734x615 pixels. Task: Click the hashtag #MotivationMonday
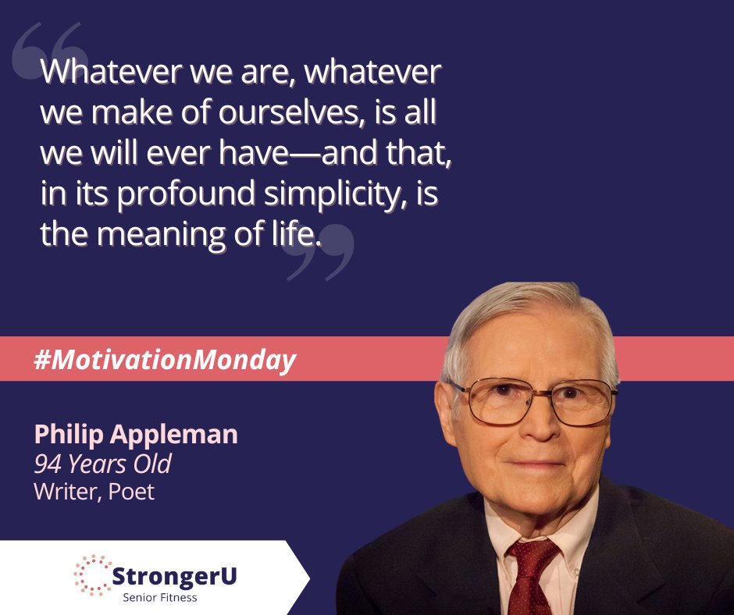[x=166, y=360]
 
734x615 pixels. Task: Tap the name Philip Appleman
[x=136, y=434]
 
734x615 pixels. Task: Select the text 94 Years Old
[x=102, y=464]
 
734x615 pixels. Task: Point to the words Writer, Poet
[x=94, y=492]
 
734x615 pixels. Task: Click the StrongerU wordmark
[x=175, y=577]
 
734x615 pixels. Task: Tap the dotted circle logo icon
[x=94, y=576]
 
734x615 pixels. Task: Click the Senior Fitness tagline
[x=160, y=598]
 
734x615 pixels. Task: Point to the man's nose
[x=541, y=429]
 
